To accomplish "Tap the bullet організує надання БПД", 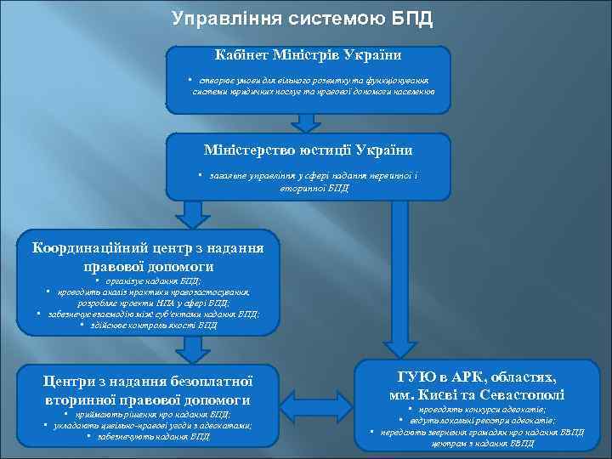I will coord(150,282).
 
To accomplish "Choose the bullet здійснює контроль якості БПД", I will coord(150,324).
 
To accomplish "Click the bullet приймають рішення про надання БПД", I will coord(150,414).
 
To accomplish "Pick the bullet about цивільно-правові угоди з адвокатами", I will coord(150,425).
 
